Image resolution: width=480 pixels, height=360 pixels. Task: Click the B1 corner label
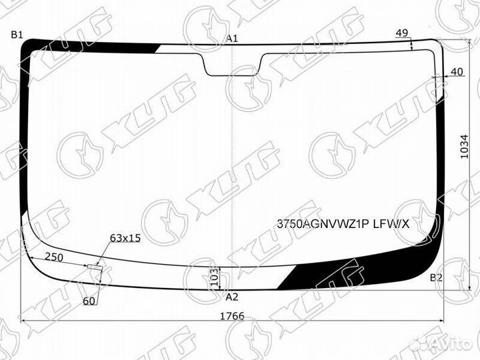[x=17, y=35]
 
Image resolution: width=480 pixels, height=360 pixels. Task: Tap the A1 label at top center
[x=232, y=39]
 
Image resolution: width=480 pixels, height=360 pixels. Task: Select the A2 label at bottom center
[x=232, y=297]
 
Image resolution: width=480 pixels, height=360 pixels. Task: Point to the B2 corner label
[x=436, y=277]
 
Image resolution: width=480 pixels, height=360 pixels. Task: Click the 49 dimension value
[x=401, y=33]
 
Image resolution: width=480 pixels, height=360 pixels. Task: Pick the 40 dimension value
[x=457, y=72]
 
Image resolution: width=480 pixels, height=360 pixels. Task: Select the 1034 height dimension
[x=465, y=147]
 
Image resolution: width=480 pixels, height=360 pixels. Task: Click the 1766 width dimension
[x=233, y=315]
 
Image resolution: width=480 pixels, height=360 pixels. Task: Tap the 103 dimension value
[x=215, y=277]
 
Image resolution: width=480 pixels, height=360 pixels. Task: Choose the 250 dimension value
[x=54, y=257]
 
